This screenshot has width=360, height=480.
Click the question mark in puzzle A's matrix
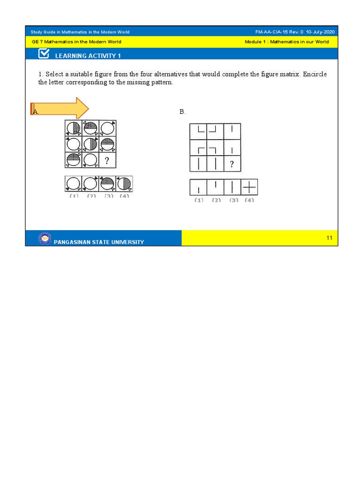click(107, 161)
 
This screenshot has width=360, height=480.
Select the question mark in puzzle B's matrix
click(232, 164)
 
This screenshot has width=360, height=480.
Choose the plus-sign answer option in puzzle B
click(249, 187)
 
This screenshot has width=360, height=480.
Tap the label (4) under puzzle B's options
click(249, 200)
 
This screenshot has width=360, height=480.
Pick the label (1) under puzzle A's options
click(74, 196)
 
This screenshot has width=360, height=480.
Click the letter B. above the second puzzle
click(182, 112)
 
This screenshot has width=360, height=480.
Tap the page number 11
click(330, 238)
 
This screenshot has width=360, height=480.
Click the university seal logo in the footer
click(45, 239)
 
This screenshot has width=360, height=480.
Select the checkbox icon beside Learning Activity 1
click(44, 54)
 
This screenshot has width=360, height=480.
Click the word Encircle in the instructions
click(315, 75)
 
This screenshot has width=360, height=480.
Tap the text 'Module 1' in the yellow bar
click(255, 42)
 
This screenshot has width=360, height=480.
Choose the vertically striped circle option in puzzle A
click(124, 183)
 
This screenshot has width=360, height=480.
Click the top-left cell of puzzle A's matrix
click(74, 128)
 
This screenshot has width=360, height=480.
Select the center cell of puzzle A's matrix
click(90, 144)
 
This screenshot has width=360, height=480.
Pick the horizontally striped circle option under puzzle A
click(107, 183)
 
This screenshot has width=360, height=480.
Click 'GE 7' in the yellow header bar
click(36, 42)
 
